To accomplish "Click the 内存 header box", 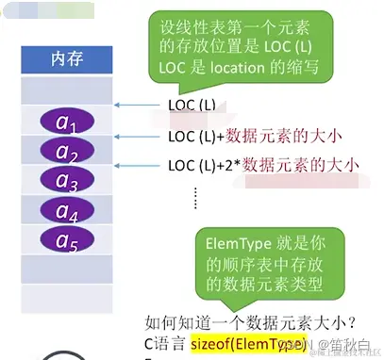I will click(66, 58).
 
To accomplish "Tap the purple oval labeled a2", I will click(66, 151).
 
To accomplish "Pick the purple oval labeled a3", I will click(66, 180).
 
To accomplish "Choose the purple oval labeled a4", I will click(66, 210).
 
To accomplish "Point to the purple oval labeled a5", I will click(66, 239).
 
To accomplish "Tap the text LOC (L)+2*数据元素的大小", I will click(264, 165).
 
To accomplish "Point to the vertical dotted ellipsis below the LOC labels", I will click(195, 196).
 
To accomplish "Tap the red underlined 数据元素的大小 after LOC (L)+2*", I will click(302, 166).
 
